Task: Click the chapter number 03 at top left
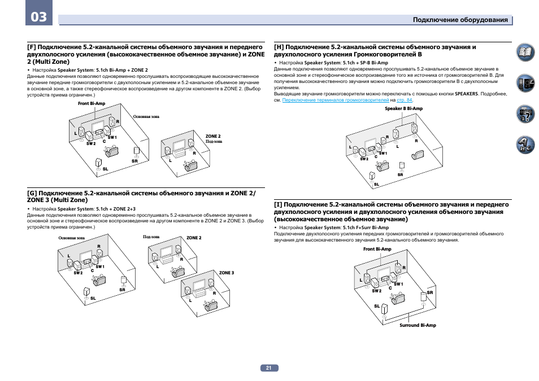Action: point(39,17)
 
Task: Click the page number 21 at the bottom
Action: point(269,368)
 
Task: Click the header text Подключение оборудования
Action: point(460,20)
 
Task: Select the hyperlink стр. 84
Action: point(420,100)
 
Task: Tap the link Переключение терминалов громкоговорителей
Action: point(335,100)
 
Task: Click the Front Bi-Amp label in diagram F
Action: point(92,104)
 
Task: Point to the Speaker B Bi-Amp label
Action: point(403,108)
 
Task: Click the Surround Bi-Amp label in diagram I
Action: point(418,325)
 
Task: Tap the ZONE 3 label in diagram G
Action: point(226,273)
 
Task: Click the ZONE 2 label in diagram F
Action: point(213,136)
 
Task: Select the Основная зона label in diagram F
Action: point(146,117)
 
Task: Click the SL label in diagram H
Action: point(376,185)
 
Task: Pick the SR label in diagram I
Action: point(430,292)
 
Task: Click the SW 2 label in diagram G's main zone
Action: point(78,273)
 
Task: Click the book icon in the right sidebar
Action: point(525,54)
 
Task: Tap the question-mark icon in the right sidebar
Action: point(525,115)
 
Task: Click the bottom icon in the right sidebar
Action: point(525,145)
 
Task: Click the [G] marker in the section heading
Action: point(32,193)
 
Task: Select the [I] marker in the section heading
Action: point(278,205)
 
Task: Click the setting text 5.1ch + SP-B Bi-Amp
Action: point(367,63)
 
